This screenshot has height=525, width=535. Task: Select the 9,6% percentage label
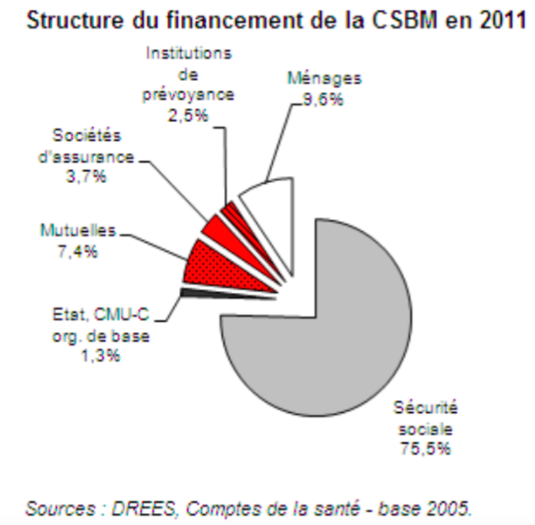(323, 99)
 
